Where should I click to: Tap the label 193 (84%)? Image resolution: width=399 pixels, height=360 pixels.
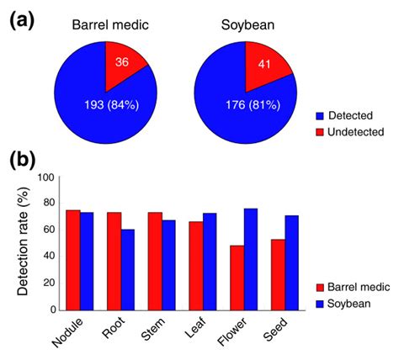click(102, 103)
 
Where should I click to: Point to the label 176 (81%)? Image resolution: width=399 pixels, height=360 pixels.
click(241, 104)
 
